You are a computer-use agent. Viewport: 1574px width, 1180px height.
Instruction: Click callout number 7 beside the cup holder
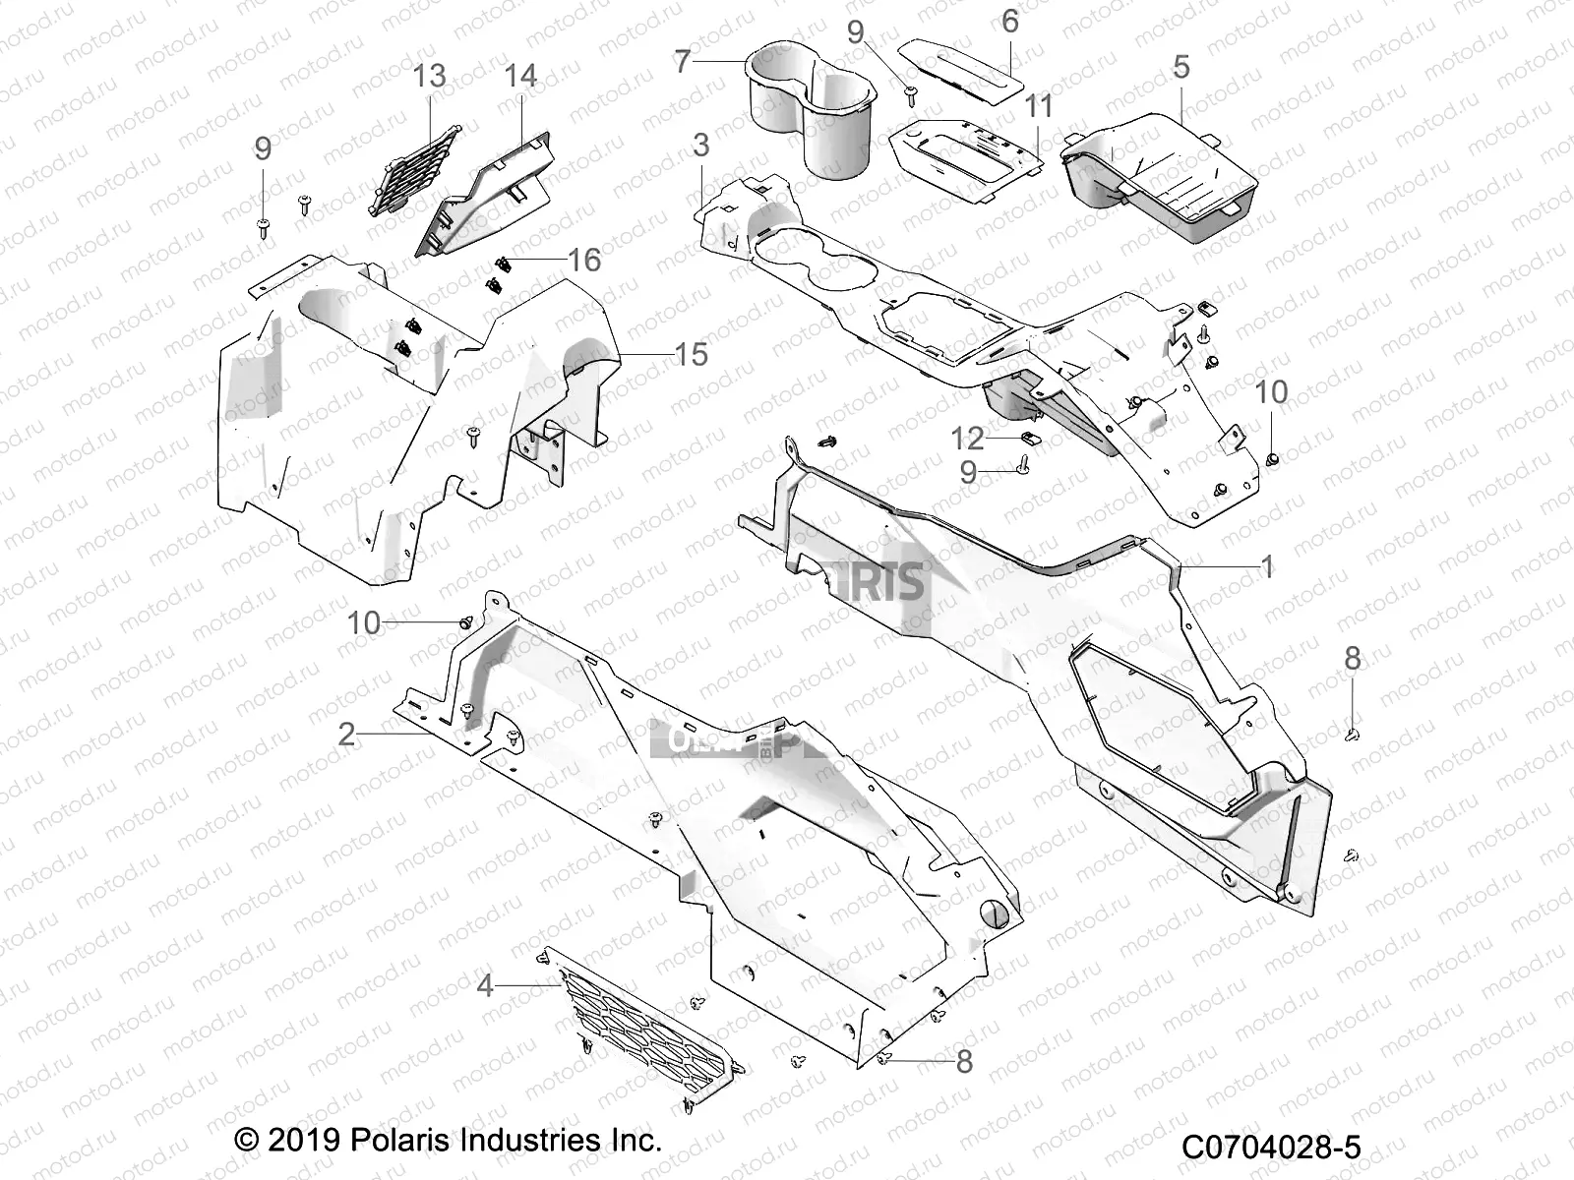tap(683, 62)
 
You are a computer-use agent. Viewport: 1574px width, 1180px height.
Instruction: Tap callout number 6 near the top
tap(1009, 21)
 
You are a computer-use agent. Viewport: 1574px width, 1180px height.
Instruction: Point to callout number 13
tap(429, 76)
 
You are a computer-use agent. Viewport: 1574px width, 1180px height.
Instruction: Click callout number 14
tap(520, 76)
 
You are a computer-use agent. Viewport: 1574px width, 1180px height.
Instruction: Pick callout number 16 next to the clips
tap(584, 260)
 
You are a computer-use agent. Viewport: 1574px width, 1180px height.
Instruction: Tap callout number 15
tap(691, 354)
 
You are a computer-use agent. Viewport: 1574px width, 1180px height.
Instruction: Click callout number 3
tap(700, 146)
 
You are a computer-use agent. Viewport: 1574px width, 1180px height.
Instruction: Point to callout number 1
tap(1267, 566)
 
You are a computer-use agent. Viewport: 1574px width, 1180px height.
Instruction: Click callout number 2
tap(346, 734)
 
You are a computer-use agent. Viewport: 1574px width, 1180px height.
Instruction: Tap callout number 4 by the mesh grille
tap(484, 985)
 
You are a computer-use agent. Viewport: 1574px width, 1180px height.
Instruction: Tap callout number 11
tap(1039, 106)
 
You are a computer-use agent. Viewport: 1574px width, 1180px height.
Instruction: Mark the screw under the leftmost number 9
tap(264, 228)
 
